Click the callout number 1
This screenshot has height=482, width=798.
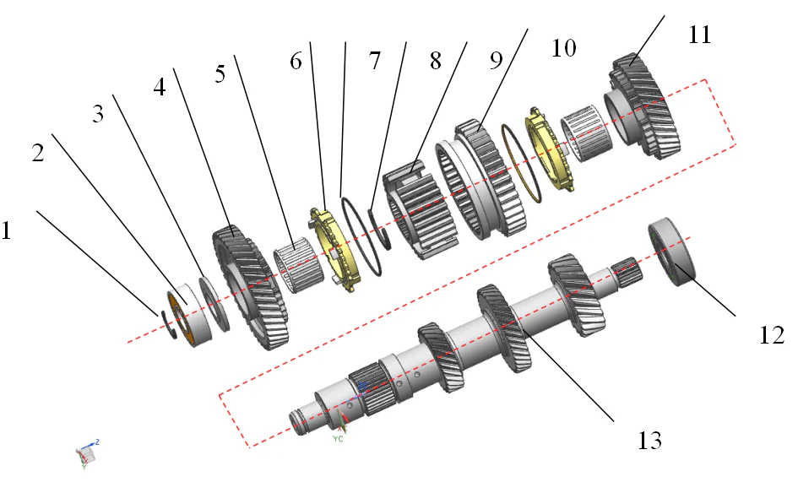click(x=8, y=230)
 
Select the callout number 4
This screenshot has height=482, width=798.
click(x=160, y=87)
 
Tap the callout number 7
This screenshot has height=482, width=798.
click(x=375, y=61)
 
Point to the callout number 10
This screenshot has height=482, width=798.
click(x=563, y=47)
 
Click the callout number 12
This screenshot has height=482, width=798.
click(x=772, y=334)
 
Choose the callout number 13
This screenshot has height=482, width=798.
click(x=649, y=440)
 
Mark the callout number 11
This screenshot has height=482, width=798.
click(x=699, y=35)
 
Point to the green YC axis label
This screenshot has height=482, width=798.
click(x=338, y=439)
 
